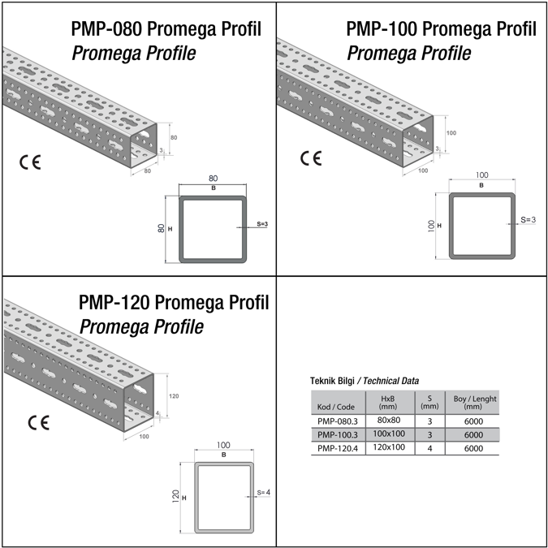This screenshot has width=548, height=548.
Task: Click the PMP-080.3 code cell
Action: [x=338, y=421]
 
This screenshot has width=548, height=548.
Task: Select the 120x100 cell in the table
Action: [x=389, y=447]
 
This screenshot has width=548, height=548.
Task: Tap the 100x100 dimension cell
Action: [x=389, y=434]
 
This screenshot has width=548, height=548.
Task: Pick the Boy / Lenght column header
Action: [x=475, y=402]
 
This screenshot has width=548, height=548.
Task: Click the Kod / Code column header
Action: [x=335, y=407]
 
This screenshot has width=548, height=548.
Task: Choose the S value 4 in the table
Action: [x=429, y=448]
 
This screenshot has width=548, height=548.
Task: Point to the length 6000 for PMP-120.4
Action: [x=473, y=448]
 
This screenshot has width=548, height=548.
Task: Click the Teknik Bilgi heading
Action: [x=332, y=381]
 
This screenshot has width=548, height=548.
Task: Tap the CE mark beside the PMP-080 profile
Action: [x=30, y=162]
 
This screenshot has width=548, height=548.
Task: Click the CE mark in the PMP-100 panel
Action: [x=311, y=158]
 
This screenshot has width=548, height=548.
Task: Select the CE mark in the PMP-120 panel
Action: [x=38, y=422]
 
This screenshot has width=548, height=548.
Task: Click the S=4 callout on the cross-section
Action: [x=264, y=493]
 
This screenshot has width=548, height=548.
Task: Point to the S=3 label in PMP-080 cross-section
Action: [x=262, y=224]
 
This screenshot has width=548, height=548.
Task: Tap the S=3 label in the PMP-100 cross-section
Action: [x=528, y=219]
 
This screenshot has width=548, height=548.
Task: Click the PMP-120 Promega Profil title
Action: [x=174, y=302]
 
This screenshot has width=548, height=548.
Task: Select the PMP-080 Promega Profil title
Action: [x=166, y=28]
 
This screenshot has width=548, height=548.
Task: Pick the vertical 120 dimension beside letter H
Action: [x=176, y=496]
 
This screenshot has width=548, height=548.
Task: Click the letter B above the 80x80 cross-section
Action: [x=214, y=188]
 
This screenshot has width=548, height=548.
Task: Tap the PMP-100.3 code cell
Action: [x=338, y=435]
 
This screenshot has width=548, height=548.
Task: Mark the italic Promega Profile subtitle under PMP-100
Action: [x=409, y=53]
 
